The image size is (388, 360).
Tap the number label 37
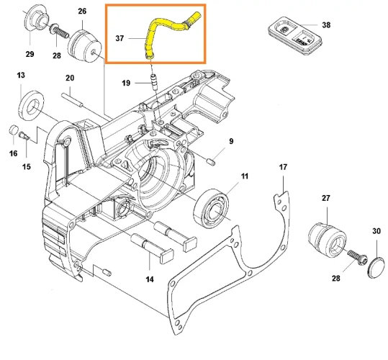[x=121, y=38]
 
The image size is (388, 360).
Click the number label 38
[x=326, y=25]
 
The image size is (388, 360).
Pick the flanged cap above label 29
[x=32, y=19]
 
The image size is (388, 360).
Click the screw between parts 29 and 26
[x=57, y=32]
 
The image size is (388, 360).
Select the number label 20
[x=70, y=78]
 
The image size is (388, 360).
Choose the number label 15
[x=26, y=168]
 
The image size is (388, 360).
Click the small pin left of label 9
[x=211, y=161]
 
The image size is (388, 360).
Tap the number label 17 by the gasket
[x=283, y=168]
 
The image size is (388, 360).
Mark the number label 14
[x=149, y=279]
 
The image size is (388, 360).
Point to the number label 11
[x=244, y=176]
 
